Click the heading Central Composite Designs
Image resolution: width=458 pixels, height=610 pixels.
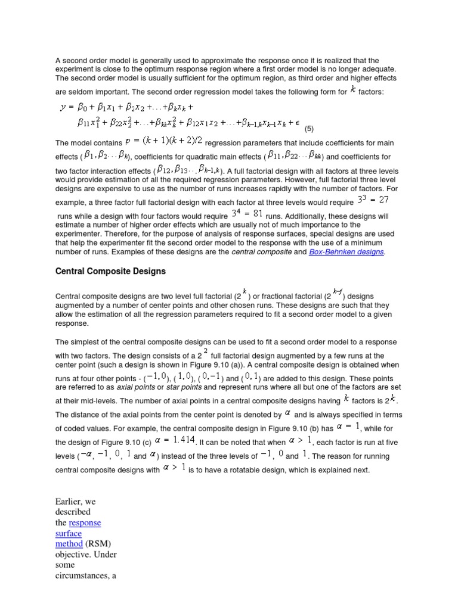point(110,271)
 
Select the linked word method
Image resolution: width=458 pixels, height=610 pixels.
point(69,544)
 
